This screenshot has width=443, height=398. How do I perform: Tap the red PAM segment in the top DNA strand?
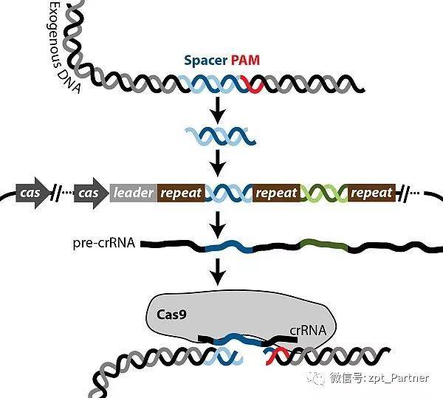point(253,86)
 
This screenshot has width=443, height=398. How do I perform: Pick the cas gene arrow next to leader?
point(91,193)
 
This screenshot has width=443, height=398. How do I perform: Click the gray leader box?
point(133,193)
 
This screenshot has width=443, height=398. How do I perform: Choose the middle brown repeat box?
point(275,193)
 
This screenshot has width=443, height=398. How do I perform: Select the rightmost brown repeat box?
point(371,193)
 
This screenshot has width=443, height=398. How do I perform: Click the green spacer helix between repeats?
point(323,193)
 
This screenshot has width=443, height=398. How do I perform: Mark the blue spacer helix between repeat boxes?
point(228,193)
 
